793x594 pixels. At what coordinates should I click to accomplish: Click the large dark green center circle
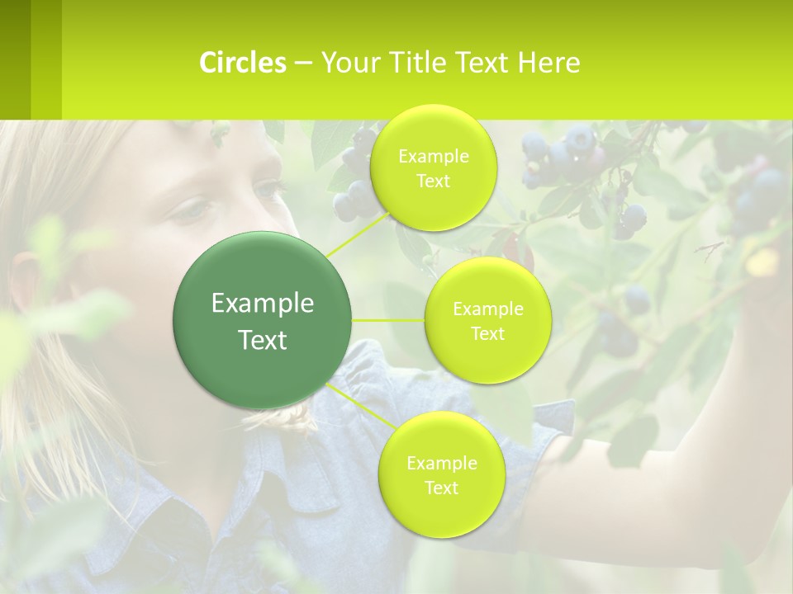pos(263,320)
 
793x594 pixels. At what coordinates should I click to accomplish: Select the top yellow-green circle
pos(433,167)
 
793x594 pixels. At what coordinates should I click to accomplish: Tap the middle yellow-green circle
pos(487,320)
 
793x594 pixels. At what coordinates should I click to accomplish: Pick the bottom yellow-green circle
pos(441,474)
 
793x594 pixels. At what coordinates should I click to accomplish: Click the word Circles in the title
pos(243,63)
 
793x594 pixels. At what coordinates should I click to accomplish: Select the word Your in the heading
pos(347,63)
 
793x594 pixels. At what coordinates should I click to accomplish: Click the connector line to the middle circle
pos(388,320)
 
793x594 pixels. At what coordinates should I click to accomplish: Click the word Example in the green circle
pos(263,304)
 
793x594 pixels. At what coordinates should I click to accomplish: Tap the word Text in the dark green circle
pos(263,340)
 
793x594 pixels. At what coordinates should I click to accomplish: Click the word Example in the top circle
pos(433,156)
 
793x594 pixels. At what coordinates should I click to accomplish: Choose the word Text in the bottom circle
pos(441,488)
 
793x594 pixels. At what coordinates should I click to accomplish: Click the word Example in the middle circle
pos(487,309)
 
